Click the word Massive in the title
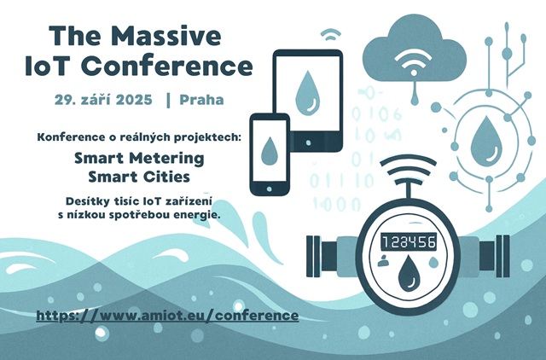click(x=166, y=36)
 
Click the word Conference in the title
click(x=169, y=66)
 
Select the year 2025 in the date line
click(x=134, y=100)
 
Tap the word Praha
click(x=201, y=100)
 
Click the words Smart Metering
click(x=139, y=159)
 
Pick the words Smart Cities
click(x=139, y=177)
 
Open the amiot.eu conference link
click(x=167, y=316)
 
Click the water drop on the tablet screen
click(x=307, y=93)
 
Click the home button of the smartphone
click(x=270, y=189)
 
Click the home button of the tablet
click(x=308, y=142)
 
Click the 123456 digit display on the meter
click(x=409, y=241)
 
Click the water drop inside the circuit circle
click(x=486, y=139)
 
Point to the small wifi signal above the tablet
click(x=330, y=34)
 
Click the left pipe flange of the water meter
click(x=313, y=256)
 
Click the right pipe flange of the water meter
click(x=502, y=256)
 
